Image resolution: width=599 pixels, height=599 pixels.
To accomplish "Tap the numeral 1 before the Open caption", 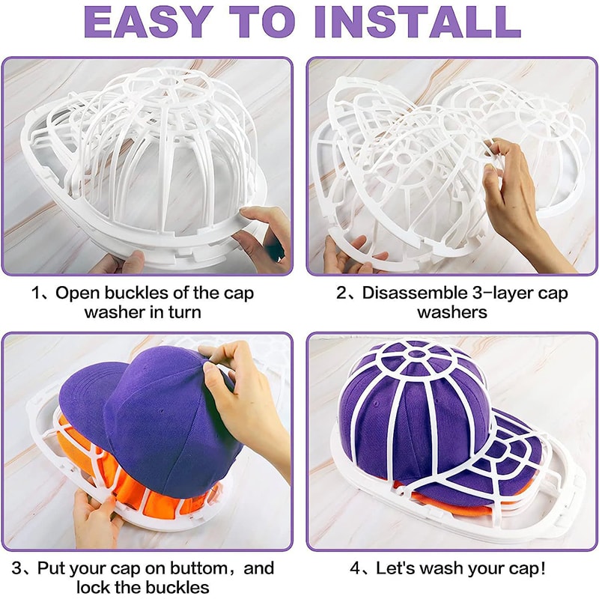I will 36,293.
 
